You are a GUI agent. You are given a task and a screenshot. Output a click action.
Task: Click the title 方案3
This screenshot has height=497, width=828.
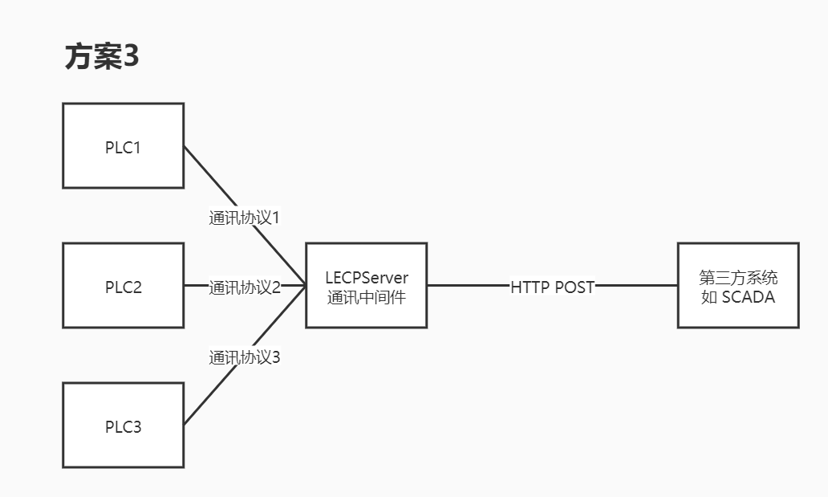(102, 58)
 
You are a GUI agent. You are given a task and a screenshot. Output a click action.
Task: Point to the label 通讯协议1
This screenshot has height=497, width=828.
(244, 218)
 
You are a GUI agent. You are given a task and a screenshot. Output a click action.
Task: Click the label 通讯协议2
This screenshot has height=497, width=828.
(245, 287)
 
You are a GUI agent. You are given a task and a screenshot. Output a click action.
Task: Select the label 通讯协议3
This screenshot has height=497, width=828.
(244, 357)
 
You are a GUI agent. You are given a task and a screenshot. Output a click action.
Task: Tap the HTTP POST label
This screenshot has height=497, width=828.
(552, 287)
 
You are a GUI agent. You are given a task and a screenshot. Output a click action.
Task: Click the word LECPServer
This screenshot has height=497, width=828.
(367, 278)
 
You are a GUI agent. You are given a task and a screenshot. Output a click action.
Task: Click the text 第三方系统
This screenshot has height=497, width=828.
(738, 278)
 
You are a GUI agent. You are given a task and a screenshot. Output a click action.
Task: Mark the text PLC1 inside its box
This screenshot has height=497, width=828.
(124, 148)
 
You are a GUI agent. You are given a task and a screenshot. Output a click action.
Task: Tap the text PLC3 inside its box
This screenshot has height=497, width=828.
(124, 426)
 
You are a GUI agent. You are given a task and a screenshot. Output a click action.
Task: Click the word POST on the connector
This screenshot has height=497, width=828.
(574, 287)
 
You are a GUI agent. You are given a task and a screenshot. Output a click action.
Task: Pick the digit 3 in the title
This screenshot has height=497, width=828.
(131, 58)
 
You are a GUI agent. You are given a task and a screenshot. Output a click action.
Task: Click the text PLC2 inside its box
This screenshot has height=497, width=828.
(124, 287)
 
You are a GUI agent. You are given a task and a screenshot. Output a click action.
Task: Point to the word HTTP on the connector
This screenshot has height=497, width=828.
(530, 287)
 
